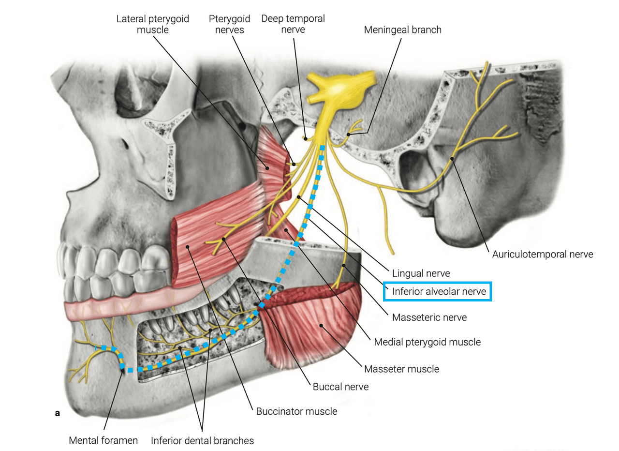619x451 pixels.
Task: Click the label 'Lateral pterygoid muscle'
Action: pos(152,24)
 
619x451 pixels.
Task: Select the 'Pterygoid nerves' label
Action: pos(229,24)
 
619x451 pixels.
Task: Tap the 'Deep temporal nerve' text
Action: pos(293,24)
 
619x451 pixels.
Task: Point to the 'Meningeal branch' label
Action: pos(403,30)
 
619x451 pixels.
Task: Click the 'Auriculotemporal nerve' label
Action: pos(543,255)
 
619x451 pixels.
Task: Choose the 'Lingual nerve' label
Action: pos(421,273)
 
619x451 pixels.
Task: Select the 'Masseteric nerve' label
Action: pos(429,317)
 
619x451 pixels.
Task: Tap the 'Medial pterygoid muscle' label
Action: pos(427,342)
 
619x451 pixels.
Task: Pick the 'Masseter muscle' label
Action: pos(401,369)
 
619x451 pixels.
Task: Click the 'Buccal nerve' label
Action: pos(340,387)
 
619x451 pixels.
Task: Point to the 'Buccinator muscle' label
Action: pos(296,411)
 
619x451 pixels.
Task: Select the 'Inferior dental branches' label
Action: pos(202,441)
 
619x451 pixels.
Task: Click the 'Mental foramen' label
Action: pos(103,440)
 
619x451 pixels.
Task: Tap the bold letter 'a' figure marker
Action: pos(57,413)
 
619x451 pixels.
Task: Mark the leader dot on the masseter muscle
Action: pos(321,326)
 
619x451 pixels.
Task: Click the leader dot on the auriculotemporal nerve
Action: pos(452,159)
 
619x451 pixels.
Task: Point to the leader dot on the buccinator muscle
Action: pos(187,247)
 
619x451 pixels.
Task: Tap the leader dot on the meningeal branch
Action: pos(349,135)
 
